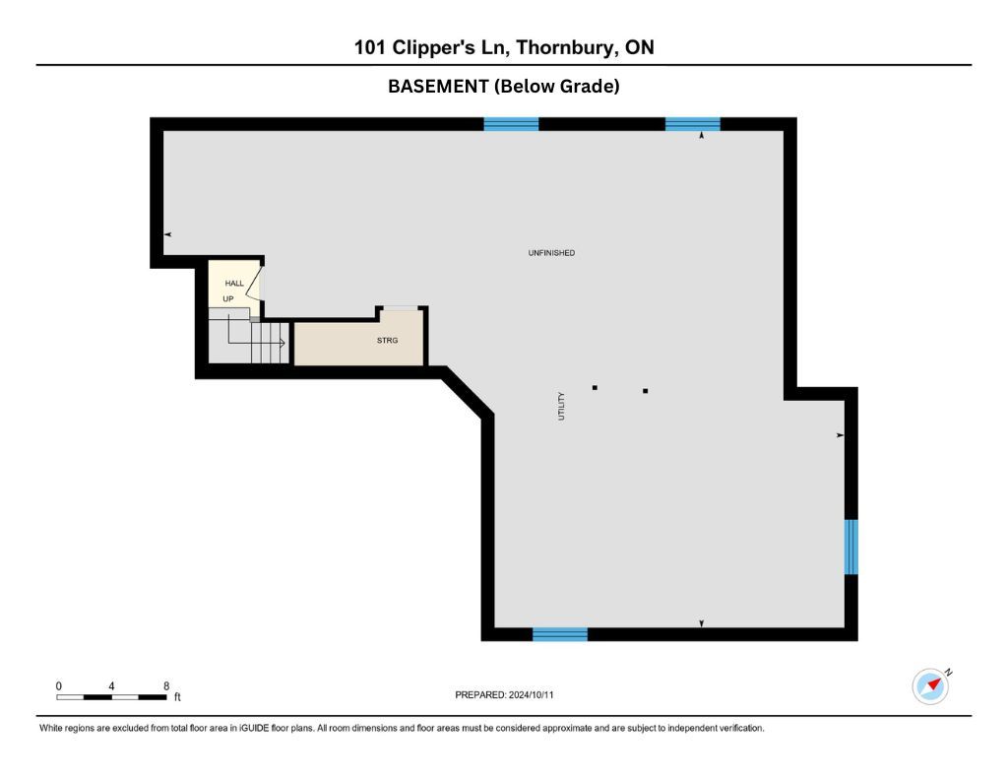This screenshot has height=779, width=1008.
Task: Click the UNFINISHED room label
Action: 551,253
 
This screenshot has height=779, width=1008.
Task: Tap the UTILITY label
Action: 561,407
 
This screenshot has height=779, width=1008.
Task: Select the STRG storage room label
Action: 387,341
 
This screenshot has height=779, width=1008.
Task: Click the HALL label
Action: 234,283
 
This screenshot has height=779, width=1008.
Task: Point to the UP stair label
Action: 228,299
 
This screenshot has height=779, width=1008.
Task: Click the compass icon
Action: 931,685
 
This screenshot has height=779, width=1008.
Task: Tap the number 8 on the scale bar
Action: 166,685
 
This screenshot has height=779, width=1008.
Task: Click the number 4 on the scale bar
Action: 111,685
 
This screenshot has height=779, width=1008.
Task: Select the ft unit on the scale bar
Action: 177,696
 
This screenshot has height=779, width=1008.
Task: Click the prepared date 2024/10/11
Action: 531,694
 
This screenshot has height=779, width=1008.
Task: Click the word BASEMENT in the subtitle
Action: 438,87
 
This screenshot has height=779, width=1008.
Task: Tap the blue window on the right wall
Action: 850,547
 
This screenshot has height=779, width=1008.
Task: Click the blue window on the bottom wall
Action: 560,634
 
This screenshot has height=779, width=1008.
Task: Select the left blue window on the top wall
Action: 511,124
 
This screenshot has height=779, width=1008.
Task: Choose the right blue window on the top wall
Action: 692,124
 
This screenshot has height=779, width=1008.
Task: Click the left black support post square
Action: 595,388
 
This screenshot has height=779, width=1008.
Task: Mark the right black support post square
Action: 646,390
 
